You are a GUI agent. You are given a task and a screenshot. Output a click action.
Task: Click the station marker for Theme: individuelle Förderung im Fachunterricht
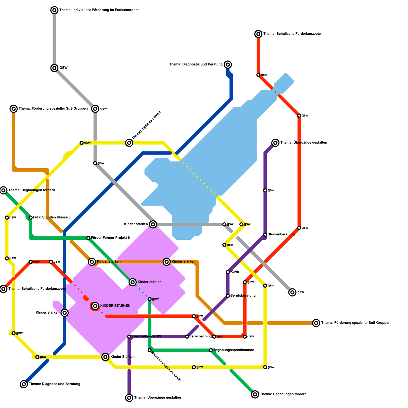pyautogui.click(x=54, y=10)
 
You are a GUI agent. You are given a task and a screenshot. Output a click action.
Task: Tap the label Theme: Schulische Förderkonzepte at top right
pyautogui.click(x=292, y=34)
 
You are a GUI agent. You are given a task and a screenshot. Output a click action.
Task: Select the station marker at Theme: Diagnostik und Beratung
pyautogui.click(x=228, y=65)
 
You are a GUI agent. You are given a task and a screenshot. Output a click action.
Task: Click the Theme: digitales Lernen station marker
pyautogui.click(x=129, y=143)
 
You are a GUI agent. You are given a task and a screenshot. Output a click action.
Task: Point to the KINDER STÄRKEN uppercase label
pyautogui.click(x=115, y=306)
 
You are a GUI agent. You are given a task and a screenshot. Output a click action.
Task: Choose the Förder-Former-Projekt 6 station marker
pyautogui.click(x=88, y=238)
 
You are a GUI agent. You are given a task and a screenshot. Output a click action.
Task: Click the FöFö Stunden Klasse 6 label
pyautogui.click(x=52, y=218)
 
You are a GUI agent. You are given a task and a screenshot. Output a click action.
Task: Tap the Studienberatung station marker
pyautogui.click(x=265, y=235)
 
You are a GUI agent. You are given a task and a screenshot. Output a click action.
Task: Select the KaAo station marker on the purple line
pyautogui.click(x=228, y=272)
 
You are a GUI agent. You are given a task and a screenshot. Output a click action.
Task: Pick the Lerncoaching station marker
pyautogui.click(x=187, y=337)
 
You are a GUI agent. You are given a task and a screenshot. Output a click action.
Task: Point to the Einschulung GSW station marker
pyautogui.click(x=129, y=337)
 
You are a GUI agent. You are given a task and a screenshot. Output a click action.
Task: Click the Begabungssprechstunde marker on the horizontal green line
pyautogui.click(x=211, y=350)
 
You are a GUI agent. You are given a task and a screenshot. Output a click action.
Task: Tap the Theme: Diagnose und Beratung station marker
pyautogui.click(x=24, y=384)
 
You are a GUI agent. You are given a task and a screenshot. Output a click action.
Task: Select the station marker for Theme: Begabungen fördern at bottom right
pyautogui.click(x=255, y=394)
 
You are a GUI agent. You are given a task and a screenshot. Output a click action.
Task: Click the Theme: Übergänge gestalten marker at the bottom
pyautogui.click(x=129, y=398)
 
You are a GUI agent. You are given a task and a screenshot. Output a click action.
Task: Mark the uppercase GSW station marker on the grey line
pyautogui.click(x=54, y=68)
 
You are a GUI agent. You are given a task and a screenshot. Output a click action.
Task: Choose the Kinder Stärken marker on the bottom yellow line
pyautogui.click(x=105, y=357)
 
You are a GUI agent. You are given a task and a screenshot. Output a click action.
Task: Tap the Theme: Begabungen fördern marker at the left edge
pyautogui.click(x=3, y=190)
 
